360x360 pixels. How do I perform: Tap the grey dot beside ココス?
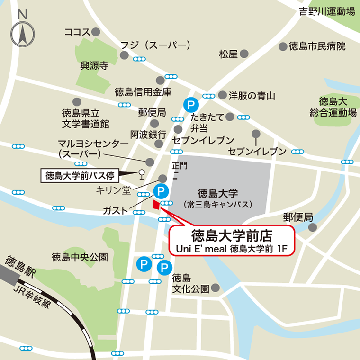pyautogui.click(x=96, y=32)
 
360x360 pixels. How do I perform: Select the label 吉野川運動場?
pyautogui.click(x=327, y=12)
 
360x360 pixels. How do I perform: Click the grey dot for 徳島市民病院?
pyautogui.click(x=283, y=46)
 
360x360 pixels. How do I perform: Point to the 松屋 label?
pyautogui.click(x=228, y=54)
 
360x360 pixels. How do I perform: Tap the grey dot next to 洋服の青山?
pyautogui.click(x=222, y=95)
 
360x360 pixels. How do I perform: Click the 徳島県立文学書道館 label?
pyautogui.click(x=85, y=118)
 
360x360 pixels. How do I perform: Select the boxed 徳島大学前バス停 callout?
pyautogui.click(x=80, y=176)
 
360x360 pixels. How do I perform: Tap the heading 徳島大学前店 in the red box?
pyautogui.click(x=233, y=235)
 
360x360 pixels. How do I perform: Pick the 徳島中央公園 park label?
pyautogui.click(x=80, y=257)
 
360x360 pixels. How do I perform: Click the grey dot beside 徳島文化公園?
pyautogui.click(x=216, y=288)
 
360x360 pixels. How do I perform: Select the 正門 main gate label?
pyautogui.click(x=180, y=166)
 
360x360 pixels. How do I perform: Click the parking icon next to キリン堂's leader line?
pyautogui.click(x=161, y=191)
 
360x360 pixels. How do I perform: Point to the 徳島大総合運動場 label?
pyautogui.click(x=333, y=107)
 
